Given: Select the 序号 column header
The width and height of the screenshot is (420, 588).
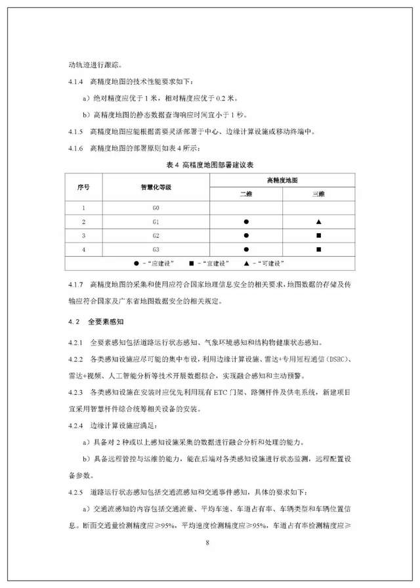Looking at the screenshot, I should click(x=83, y=187).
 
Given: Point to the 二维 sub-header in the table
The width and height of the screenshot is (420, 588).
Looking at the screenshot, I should click(x=246, y=195).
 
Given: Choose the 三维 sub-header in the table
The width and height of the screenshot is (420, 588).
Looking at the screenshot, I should click(x=318, y=195).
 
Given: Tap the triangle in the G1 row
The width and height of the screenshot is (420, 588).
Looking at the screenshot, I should click(x=318, y=222).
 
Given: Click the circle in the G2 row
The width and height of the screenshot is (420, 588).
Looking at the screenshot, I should click(x=246, y=235).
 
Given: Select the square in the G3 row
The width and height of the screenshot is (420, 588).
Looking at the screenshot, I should click(x=318, y=249).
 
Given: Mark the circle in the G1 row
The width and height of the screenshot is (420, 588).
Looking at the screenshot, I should click(x=246, y=222).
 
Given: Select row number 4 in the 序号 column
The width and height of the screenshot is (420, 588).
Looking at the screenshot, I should click(x=83, y=249).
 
